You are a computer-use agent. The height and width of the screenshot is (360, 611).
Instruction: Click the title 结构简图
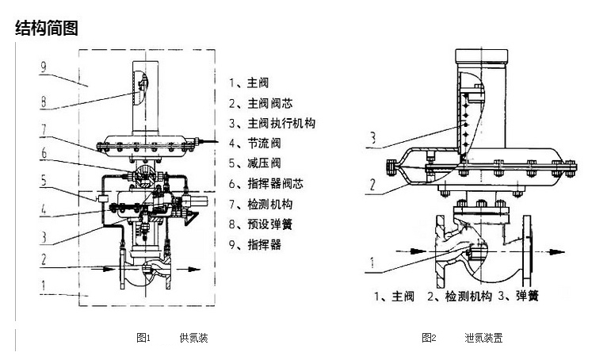(x=47, y=29)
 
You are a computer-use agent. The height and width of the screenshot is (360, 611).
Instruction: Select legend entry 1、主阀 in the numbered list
(x=251, y=82)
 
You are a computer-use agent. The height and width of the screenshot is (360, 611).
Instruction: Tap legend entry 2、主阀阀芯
(x=262, y=102)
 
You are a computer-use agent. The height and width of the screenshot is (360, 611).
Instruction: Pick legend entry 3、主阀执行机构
(x=272, y=123)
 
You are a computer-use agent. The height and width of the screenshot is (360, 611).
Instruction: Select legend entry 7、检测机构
(x=262, y=205)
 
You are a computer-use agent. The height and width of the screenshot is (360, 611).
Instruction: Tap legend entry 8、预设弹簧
(x=262, y=224)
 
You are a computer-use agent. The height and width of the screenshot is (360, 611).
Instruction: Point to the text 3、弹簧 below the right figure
(x=518, y=297)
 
